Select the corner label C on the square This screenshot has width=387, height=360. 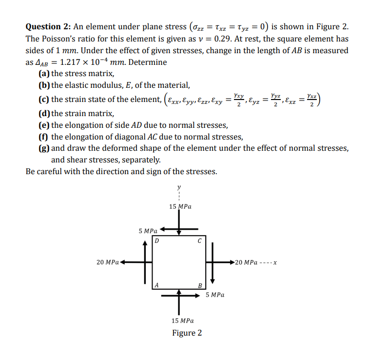click(x=199, y=240)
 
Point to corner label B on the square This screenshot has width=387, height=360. click(x=199, y=285)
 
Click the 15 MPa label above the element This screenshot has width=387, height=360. click(x=180, y=206)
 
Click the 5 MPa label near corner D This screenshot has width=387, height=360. click(x=148, y=230)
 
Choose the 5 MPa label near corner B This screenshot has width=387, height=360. click(x=215, y=295)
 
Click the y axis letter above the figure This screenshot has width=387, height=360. click(x=179, y=186)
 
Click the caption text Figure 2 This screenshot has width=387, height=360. click(x=187, y=333)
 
